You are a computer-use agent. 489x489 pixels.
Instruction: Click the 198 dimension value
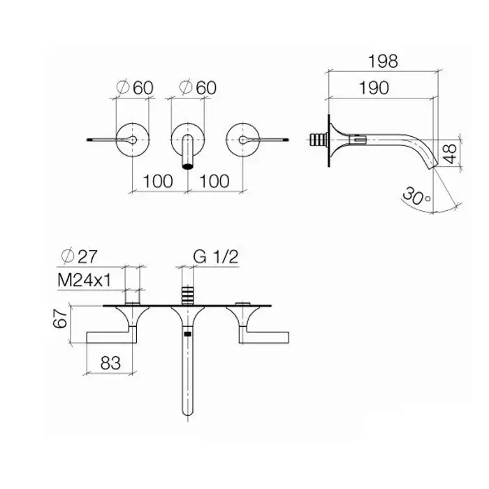[383, 61]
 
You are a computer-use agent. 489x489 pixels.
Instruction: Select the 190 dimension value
[374, 87]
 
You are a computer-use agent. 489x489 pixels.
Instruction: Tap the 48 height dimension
[450, 154]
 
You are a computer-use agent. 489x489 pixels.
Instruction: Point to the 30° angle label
[416, 196]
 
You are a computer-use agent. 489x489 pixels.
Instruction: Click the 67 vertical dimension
[60, 318]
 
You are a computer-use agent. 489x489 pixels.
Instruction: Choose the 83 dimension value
[110, 363]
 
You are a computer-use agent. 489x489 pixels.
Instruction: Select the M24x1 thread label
[85, 280]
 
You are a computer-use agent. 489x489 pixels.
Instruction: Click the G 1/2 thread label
[215, 256]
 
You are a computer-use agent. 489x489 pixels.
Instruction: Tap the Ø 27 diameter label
[79, 256]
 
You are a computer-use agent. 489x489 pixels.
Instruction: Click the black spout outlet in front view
[187, 166]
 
